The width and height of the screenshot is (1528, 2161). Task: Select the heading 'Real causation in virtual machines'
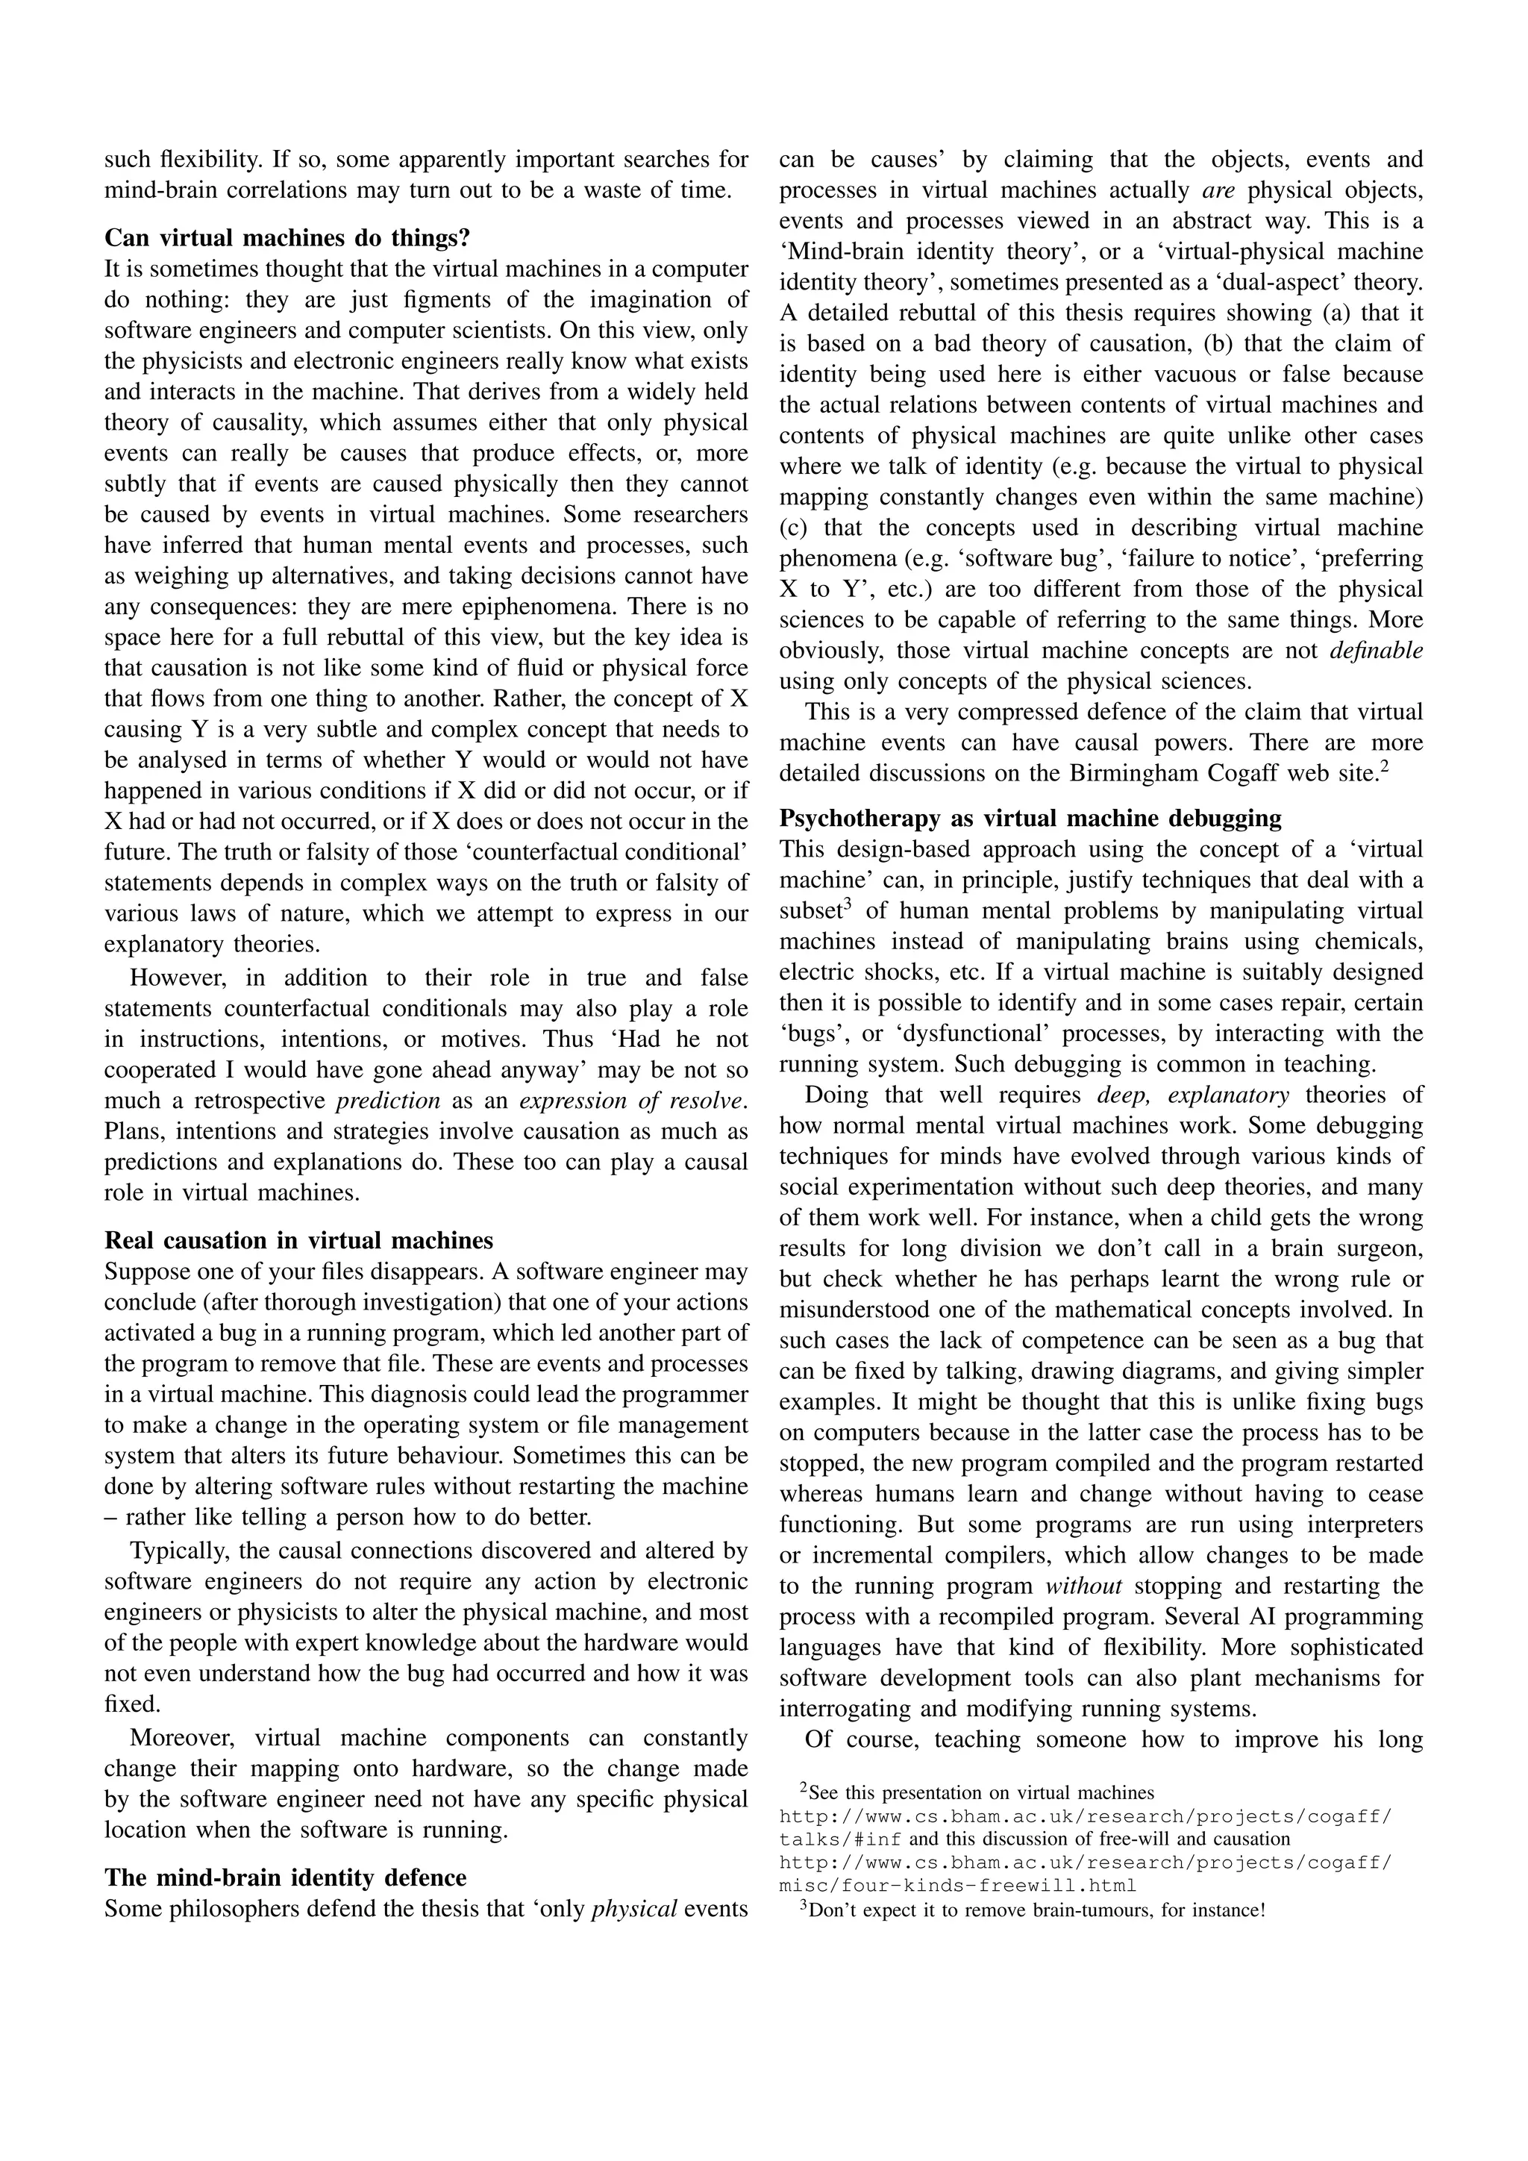299,1239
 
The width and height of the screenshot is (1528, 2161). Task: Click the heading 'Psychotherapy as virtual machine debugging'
1030,818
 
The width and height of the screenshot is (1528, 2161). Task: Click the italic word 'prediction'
388,1100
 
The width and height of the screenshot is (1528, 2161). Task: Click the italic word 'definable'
1376,651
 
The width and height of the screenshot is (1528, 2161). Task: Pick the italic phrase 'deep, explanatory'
1192,1095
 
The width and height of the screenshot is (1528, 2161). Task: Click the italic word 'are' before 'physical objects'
1218,190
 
